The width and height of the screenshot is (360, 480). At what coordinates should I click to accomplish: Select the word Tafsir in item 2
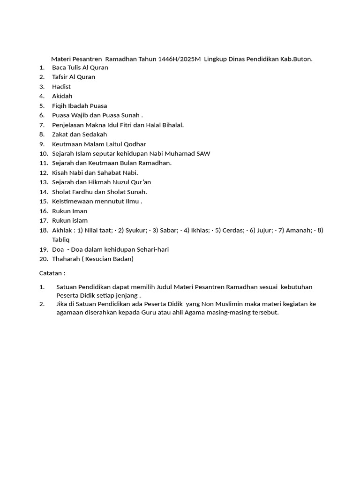point(60,77)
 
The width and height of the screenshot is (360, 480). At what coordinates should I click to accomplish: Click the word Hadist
point(61,87)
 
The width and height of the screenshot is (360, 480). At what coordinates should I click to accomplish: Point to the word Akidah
point(62,96)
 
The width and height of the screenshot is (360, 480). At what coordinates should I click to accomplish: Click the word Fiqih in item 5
point(60,106)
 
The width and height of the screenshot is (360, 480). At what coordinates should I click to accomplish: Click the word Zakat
point(60,135)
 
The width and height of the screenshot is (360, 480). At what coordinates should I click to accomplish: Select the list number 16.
point(44,211)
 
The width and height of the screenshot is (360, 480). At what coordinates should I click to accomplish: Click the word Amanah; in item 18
point(299,230)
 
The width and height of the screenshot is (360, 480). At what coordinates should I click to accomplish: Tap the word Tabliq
point(60,240)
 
